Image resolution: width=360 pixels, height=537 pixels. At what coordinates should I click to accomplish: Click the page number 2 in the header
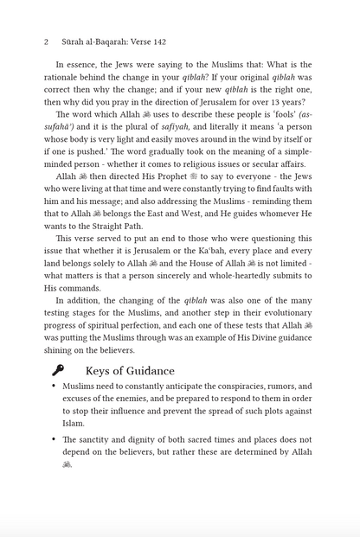point(45,41)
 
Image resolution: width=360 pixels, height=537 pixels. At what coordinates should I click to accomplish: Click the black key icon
point(57,370)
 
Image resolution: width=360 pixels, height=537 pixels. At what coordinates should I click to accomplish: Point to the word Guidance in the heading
point(145,370)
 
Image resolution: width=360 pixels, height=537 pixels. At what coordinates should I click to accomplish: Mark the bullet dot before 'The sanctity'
point(54,439)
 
